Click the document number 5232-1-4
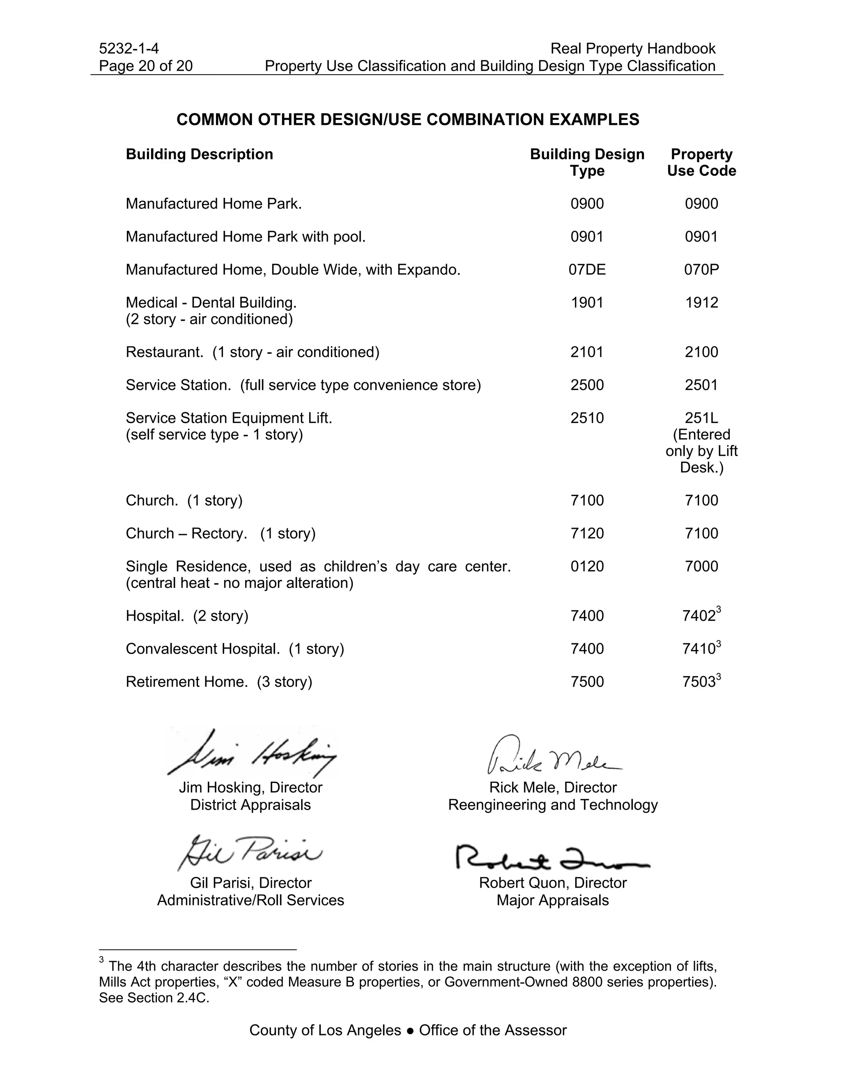click(129, 48)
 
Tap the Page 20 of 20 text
click(145, 66)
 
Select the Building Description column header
click(199, 154)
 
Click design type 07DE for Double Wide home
click(587, 269)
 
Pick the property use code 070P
click(701, 269)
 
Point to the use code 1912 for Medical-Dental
click(701, 303)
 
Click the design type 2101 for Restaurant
click(587, 352)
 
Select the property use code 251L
click(701, 418)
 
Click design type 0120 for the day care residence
click(587, 567)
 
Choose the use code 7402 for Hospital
click(699, 616)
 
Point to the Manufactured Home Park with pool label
click(246, 236)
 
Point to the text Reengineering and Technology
click(553, 805)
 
